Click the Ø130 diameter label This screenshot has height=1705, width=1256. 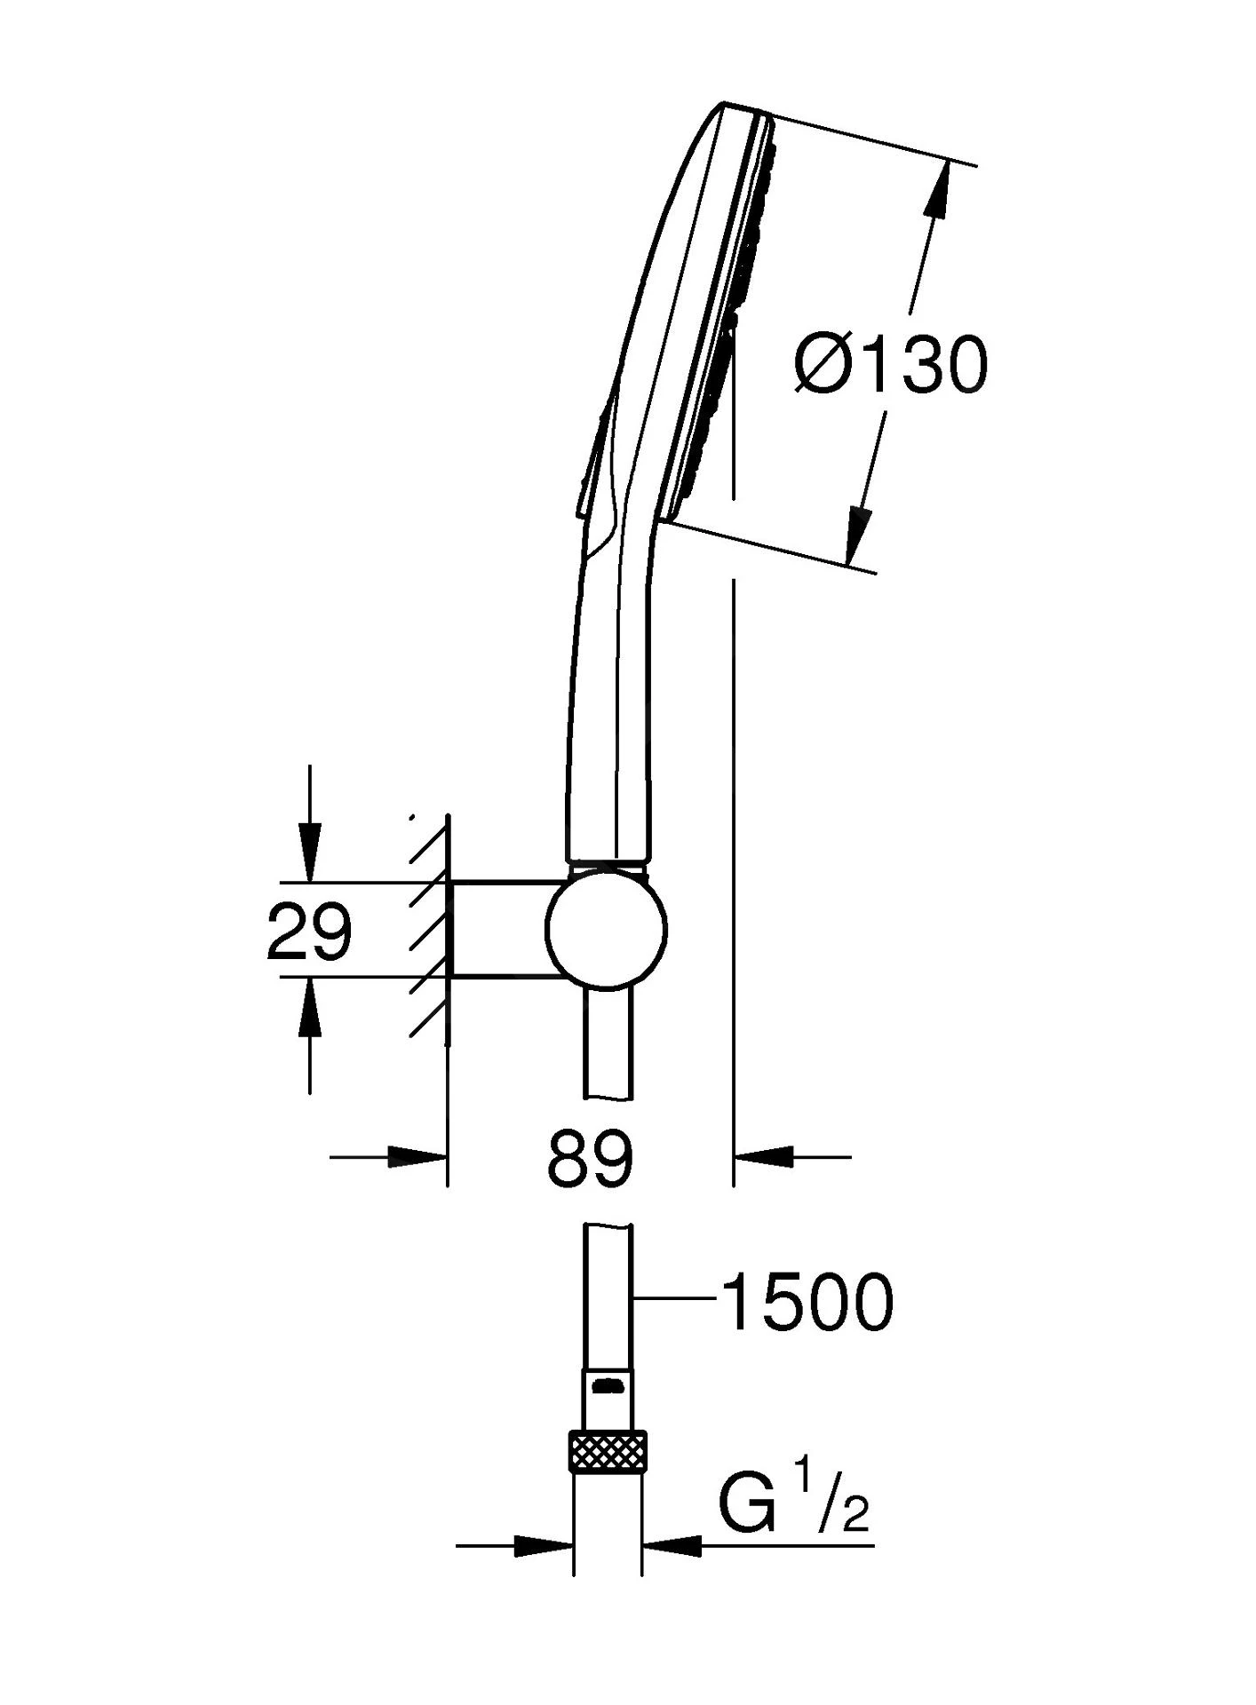891,365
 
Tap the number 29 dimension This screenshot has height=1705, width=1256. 309,932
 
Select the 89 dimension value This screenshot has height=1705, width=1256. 591,1159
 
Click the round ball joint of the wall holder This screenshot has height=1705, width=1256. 606,930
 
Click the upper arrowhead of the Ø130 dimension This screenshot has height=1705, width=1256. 937,191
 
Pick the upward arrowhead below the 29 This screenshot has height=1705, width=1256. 309,1009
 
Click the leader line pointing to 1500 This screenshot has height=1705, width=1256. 675,1299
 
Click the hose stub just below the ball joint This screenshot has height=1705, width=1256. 608,1043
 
